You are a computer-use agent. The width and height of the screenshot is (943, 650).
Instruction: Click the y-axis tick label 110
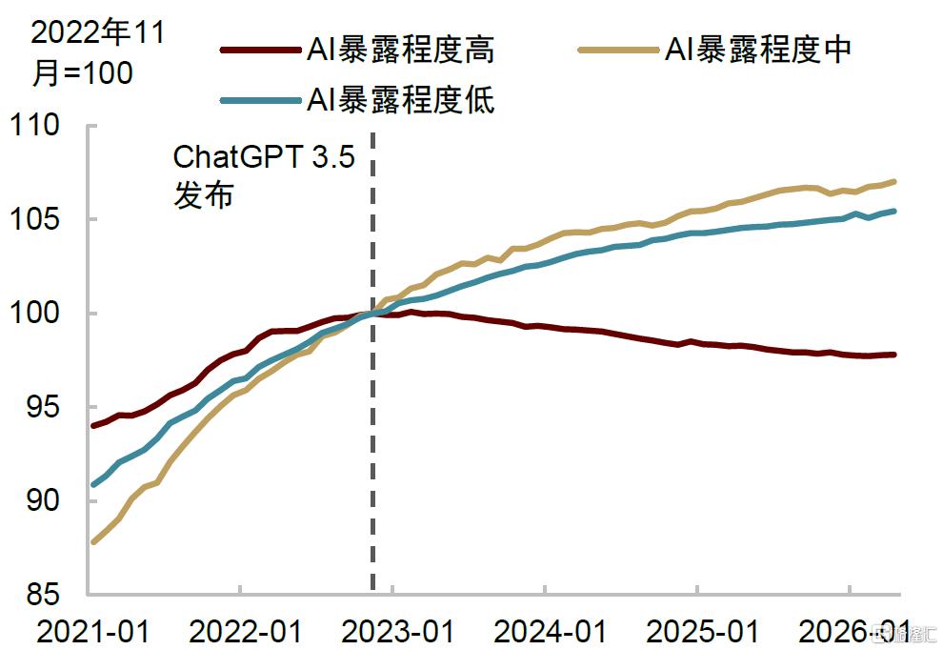tap(34, 125)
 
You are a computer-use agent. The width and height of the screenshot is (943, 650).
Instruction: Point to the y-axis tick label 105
tap(34, 219)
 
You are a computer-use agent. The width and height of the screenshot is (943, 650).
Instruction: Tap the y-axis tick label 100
tap(34, 313)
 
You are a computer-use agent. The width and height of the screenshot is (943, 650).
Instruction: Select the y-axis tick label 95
tap(43, 408)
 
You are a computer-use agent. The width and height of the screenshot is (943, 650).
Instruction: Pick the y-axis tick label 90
tap(43, 500)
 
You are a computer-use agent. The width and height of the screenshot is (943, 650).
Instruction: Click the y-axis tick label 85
tap(43, 595)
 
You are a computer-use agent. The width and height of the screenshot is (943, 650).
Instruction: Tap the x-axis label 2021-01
tap(93, 632)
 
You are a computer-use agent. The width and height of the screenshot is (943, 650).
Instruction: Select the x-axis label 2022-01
tap(246, 632)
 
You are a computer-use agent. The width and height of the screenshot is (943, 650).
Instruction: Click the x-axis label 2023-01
tap(397, 632)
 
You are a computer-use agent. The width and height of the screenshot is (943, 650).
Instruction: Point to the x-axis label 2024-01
tap(550, 632)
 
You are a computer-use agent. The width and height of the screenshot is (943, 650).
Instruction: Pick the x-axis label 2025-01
tap(702, 632)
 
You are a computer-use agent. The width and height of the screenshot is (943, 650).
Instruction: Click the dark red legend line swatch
tap(260, 51)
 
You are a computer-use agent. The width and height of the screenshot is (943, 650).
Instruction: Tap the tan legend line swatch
tap(618, 51)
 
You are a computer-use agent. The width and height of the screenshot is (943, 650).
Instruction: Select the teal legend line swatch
tap(260, 100)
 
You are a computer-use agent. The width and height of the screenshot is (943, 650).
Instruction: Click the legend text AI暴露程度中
tap(758, 50)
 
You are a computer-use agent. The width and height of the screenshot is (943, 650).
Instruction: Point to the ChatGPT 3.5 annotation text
tap(264, 157)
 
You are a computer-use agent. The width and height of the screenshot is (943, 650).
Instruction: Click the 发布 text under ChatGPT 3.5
tap(203, 195)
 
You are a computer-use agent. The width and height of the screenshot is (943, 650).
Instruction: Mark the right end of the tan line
tap(894, 181)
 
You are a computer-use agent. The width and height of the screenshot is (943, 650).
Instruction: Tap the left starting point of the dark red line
tap(93, 425)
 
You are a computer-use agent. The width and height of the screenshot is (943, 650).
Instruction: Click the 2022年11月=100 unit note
tap(98, 52)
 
